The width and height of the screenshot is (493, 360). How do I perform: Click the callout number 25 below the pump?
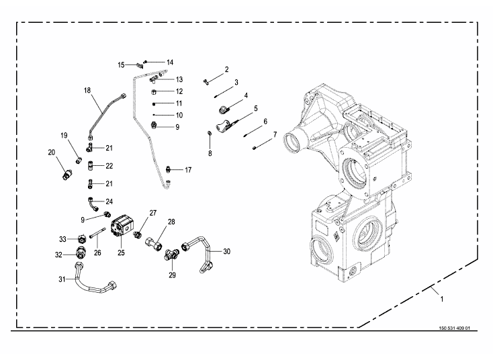(122, 253)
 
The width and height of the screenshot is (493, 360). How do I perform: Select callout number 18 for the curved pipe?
(87, 89)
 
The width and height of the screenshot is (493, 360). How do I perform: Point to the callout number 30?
(226, 251)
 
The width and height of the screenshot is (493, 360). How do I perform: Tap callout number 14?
(170, 62)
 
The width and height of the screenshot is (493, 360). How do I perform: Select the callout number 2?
(227, 69)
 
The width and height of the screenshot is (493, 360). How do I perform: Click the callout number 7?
(275, 135)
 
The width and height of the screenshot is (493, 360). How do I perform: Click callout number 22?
(109, 166)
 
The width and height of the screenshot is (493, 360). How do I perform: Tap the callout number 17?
(187, 170)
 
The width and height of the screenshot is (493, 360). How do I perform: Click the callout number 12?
(179, 91)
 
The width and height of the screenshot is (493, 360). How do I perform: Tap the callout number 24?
(109, 201)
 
